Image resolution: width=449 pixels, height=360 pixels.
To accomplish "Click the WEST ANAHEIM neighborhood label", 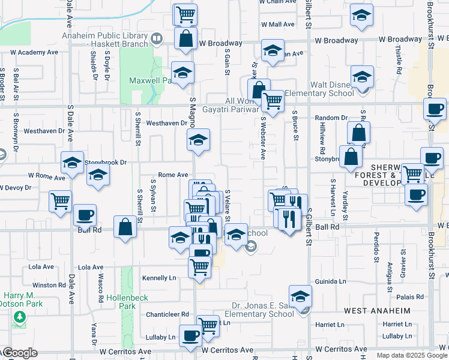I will (377, 311).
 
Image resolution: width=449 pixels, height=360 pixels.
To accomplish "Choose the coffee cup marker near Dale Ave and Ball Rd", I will (85, 215).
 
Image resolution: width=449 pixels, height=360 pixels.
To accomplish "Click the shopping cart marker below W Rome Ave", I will (60, 201).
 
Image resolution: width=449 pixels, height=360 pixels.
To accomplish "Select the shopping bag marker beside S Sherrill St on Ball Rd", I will (125, 227).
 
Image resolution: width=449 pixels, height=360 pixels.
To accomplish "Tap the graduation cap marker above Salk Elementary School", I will (300, 296).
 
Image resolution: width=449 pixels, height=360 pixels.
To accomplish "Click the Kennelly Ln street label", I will (159, 278).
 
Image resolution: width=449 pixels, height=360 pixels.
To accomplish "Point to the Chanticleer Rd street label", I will (167, 314).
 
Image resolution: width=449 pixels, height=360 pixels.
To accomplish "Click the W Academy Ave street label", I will (34, 52).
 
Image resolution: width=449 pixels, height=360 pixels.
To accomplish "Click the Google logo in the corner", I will (19, 353).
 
